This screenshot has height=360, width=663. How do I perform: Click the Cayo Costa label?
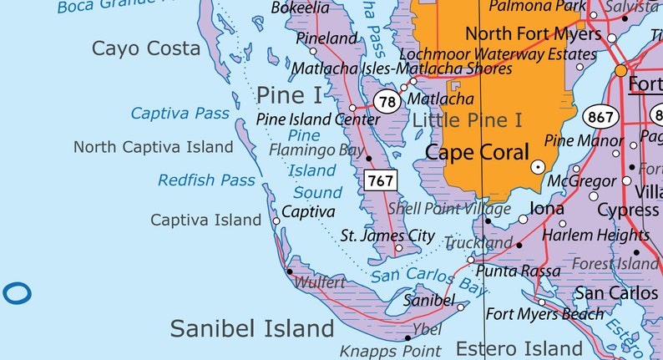(x=146, y=48)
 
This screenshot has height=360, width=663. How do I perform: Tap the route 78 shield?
(x=387, y=102)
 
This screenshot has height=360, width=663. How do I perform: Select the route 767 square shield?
(x=379, y=180)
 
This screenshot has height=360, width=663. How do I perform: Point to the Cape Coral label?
(x=477, y=152)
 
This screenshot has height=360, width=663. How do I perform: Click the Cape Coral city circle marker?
(x=539, y=167)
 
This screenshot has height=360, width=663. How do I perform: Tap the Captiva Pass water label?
(x=180, y=113)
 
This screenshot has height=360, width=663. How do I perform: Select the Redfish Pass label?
(x=206, y=180)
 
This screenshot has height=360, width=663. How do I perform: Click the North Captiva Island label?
(x=153, y=147)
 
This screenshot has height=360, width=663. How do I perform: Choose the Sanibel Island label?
(x=245, y=328)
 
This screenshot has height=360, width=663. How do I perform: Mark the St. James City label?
(x=387, y=236)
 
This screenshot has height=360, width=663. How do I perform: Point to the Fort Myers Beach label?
(x=544, y=314)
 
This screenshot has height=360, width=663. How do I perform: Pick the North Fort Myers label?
(x=533, y=34)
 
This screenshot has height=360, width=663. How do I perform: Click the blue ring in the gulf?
(x=16, y=293)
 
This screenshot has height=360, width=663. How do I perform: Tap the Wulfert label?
(x=319, y=283)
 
